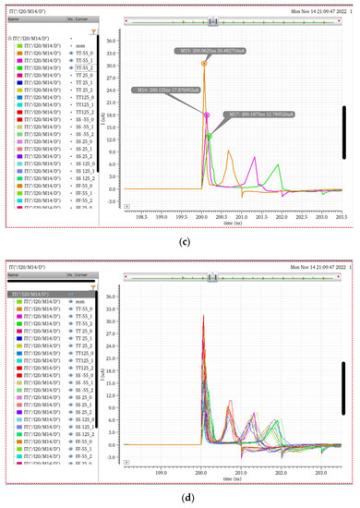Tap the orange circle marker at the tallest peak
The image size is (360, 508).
click(x=204, y=64)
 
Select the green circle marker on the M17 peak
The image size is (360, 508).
click(x=210, y=136)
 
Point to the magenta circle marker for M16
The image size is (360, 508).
click(x=207, y=115)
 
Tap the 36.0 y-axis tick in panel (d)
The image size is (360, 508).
click(x=136, y=296)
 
